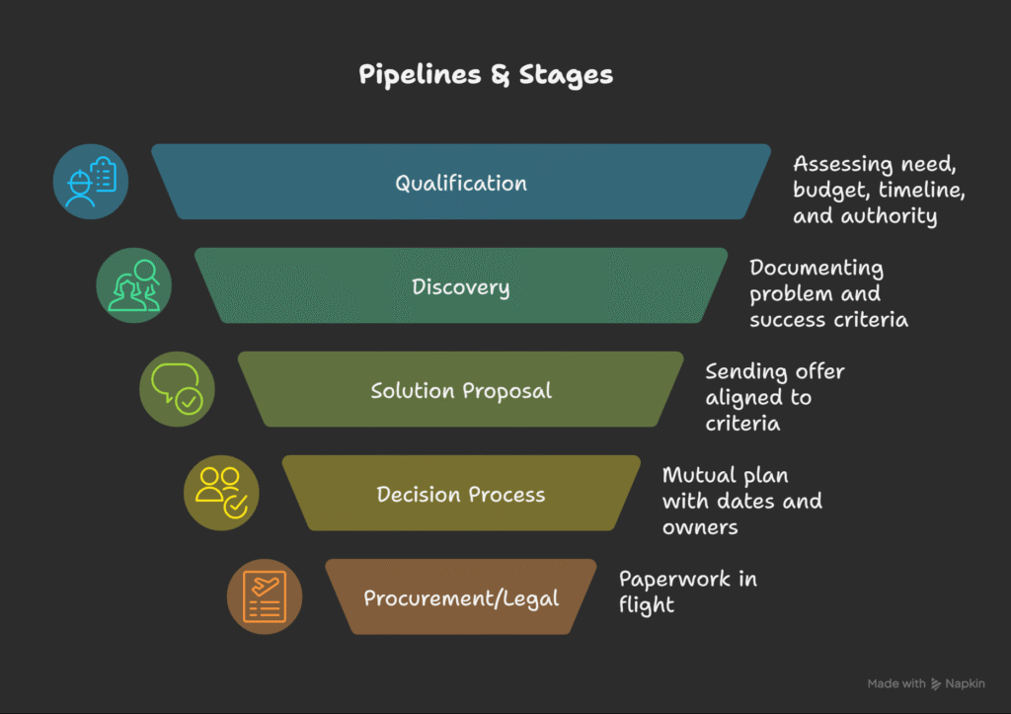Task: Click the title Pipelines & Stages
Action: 486,75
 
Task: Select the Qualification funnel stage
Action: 461,183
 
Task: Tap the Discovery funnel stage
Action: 461,287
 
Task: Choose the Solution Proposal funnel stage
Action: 461,390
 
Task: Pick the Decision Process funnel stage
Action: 461,494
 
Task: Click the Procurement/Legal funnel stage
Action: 461,597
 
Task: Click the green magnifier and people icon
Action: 134,286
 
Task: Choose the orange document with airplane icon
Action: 265,596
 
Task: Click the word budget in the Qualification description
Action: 826,190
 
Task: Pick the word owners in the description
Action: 700,526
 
